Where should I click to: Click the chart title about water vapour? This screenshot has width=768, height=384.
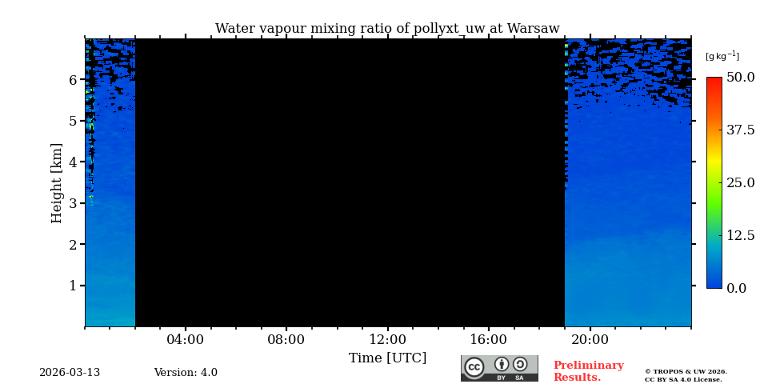pos(387,29)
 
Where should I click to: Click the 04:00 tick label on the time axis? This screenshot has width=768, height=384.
pos(185,339)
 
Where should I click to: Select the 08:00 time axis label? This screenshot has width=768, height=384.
pos(286,339)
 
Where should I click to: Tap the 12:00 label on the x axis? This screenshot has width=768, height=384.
pos(387,339)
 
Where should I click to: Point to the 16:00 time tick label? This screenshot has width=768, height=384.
pos(488,339)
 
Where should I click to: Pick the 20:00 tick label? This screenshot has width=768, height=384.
pos(590,339)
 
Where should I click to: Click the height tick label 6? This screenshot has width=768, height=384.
pos(72,80)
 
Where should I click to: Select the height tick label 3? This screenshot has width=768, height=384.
pos(72,203)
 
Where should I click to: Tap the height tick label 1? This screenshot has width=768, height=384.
pos(72,286)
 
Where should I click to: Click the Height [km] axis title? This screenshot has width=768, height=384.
pos(57,182)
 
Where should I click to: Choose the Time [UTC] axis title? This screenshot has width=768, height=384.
pos(387,358)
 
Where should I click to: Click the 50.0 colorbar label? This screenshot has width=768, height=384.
pos(740,78)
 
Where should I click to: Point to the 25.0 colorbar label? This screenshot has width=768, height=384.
pos(740,182)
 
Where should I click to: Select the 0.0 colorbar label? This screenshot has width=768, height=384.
pos(736,288)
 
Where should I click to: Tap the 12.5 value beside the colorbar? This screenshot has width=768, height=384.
pos(740,235)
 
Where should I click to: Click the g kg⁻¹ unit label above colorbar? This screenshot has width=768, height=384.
pos(722,56)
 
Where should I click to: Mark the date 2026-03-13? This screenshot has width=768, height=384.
pos(70,373)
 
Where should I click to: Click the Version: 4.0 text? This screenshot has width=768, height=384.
pos(186,373)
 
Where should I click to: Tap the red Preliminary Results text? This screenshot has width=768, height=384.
pos(588,371)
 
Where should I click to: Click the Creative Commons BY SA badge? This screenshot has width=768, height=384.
pos(499,368)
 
